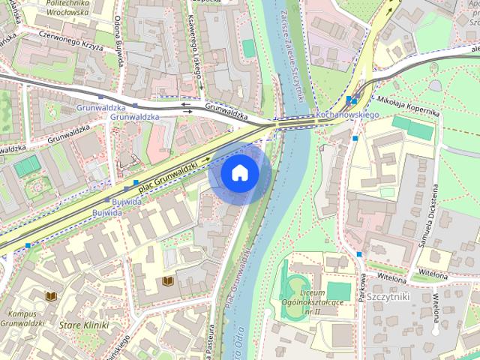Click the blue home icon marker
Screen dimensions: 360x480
pyautogui.click(x=239, y=172)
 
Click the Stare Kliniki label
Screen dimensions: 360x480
pyautogui.click(x=83, y=325)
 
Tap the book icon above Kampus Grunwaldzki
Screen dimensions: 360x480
pyautogui.click(x=50, y=296)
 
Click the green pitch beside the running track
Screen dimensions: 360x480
pyautogui.click(x=338, y=290)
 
